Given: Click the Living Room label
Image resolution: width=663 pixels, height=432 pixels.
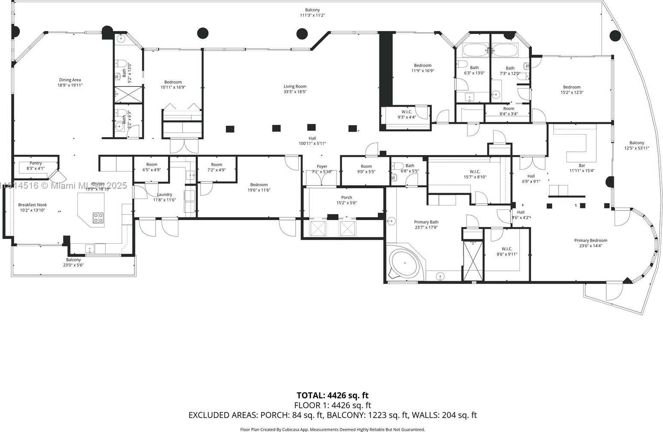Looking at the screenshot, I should click(295, 86).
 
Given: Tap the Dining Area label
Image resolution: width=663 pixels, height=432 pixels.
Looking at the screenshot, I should click(70, 80).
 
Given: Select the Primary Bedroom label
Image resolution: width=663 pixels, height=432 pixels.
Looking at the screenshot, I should click(590, 241).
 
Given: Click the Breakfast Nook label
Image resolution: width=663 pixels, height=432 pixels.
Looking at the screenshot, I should click(33, 205).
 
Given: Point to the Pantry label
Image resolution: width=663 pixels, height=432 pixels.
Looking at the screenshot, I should click(36, 163).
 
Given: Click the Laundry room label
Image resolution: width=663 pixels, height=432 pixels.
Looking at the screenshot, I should click(164, 195).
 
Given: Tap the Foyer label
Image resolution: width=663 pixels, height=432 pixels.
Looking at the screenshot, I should click(322, 166).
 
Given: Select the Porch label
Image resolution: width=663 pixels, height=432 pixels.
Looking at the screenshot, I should click(346, 198).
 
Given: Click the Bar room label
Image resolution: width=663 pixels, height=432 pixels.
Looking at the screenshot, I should click(581, 165).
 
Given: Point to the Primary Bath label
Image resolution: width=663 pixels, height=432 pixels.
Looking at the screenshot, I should click(426, 222).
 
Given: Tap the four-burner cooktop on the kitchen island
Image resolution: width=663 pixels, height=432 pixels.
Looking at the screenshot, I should click(98, 218).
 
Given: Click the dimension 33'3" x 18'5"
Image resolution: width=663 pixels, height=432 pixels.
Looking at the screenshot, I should click(295, 92).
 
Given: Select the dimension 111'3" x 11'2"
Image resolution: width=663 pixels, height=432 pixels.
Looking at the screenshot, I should click(312, 15).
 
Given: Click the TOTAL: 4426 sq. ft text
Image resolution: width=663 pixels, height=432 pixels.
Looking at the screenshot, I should click(332, 395).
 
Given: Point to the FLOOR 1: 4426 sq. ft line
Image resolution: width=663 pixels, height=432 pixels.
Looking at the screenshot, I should click(332, 405).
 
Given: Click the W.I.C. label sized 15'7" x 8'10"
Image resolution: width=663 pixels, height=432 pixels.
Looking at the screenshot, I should click(474, 172).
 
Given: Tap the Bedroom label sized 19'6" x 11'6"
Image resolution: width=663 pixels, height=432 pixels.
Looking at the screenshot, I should click(259, 185).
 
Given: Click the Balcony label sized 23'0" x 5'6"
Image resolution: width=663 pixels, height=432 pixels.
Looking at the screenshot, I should click(73, 260).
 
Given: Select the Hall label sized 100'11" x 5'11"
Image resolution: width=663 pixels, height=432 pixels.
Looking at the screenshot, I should click(312, 138).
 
